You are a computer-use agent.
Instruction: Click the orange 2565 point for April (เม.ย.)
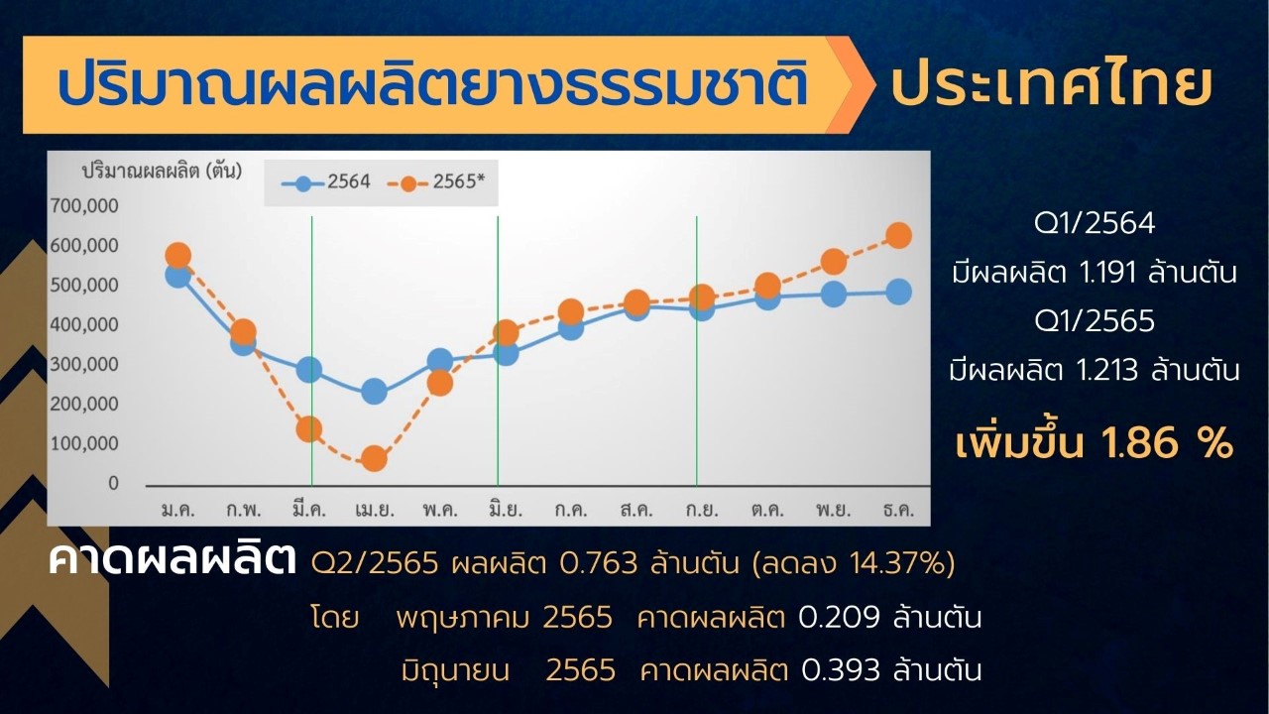[374, 458]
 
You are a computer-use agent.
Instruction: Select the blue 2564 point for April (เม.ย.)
[374, 391]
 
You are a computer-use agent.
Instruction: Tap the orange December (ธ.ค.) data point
[898, 235]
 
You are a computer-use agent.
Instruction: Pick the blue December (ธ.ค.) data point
[898, 293]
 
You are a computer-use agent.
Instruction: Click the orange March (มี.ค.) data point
[308, 429]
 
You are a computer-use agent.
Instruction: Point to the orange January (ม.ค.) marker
[177, 256]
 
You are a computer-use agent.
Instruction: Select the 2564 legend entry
[326, 181]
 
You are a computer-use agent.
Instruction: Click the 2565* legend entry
[436, 181]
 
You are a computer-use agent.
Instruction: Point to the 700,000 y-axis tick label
[85, 205]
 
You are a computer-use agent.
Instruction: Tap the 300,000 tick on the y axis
[85, 364]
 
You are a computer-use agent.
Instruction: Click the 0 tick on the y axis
[114, 483]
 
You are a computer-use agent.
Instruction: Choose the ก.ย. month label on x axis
[702, 510]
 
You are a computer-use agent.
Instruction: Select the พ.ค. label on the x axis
[440, 510]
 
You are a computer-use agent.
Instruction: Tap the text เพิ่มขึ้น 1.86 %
[1094, 443]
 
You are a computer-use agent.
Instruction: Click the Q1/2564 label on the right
[1095, 223]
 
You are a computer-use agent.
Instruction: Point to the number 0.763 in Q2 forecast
[598, 563]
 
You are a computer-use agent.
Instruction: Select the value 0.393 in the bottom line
[841, 670]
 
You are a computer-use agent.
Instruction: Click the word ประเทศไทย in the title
[1052, 85]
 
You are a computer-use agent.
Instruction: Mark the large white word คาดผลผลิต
[173, 558]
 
